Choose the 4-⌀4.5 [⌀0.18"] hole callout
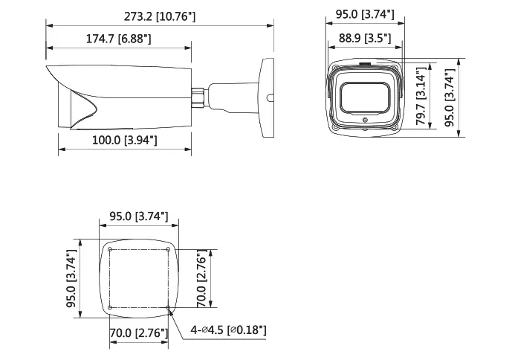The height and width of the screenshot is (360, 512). [x=227, y=330]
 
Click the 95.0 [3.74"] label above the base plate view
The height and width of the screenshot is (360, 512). [x=139, y=216]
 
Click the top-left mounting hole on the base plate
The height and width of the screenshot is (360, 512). [x=109, y=249]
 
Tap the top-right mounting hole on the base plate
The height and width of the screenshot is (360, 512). [x=169, y=249]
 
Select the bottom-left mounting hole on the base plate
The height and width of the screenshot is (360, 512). [x=109, y=307]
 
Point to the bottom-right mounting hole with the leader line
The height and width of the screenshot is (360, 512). [x=169, y=307]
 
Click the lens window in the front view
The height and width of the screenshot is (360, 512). [x=364, y=98]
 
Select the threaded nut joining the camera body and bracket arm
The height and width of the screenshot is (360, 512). [x=199, y=97]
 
